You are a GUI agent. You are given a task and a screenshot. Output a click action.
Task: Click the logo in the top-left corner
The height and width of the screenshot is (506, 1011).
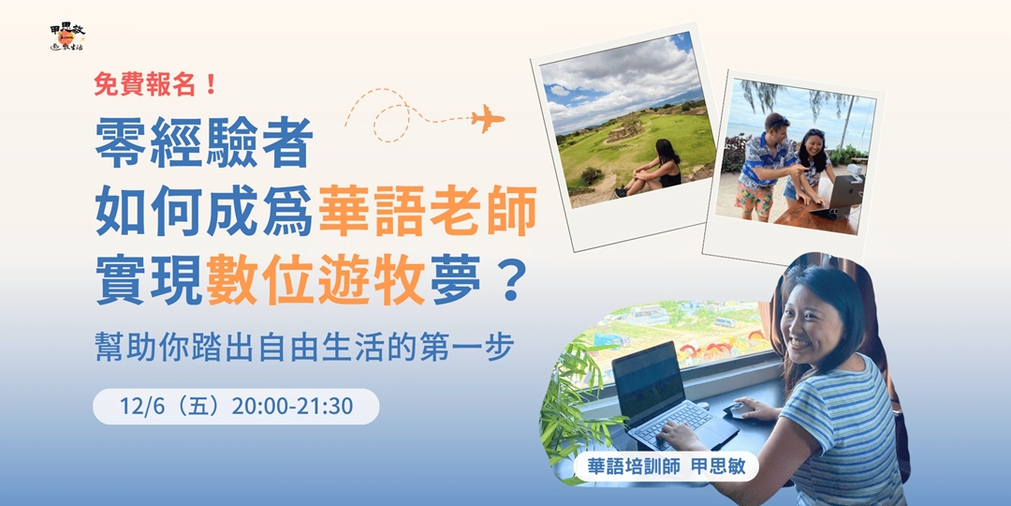66,37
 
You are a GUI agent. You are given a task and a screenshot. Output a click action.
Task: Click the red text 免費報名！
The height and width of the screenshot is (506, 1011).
156,85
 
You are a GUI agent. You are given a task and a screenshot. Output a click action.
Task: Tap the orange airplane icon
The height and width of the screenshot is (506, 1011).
488,119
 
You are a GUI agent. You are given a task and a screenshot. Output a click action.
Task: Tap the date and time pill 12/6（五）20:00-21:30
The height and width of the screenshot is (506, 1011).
236,407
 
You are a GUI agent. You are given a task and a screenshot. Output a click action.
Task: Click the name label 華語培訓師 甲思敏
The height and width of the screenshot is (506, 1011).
666,466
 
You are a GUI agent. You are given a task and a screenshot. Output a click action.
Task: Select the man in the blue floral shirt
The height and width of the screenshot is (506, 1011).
763,163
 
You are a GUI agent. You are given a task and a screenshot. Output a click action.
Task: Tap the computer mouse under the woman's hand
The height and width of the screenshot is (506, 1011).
740,409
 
